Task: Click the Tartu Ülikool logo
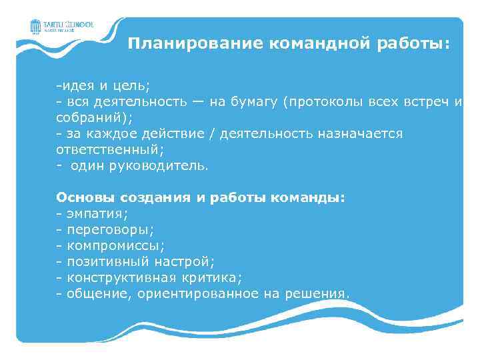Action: [x=61, y=27]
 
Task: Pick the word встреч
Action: [x=426, y=102]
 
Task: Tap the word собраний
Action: [x=90, y=117]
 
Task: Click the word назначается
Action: [x=359, y=133]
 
